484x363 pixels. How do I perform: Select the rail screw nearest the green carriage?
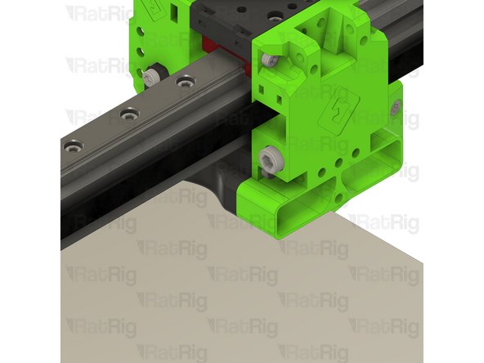tap(186, 82)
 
